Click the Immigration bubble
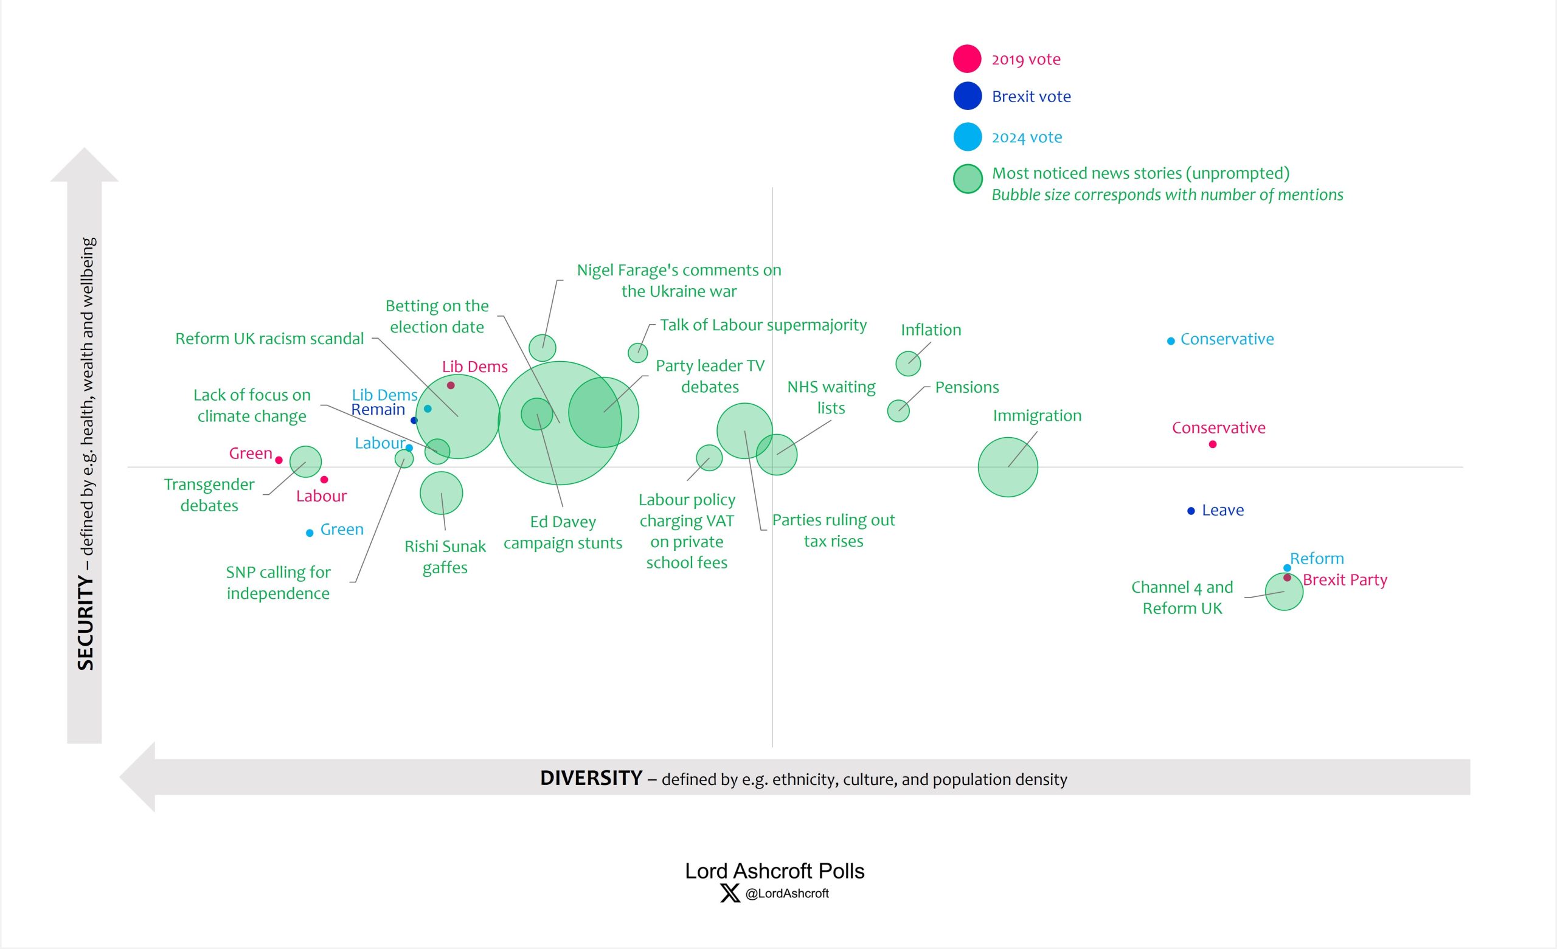(x=1007, y=467)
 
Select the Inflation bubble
(x=908, y=364)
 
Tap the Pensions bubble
(x=898, y=411)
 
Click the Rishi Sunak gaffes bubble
(x=441, y=493)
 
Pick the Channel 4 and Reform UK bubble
(x=1284, y=592)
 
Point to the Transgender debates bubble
(x=305, y=461)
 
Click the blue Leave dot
(x=1190, y=511)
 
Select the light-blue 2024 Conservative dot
(x=1170, y=341)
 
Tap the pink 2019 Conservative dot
(x=1212, y=444)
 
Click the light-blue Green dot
(x=310, y=533)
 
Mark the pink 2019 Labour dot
(x=324, y=480)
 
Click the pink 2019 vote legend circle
(x=967, y=59)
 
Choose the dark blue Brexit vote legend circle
(x=967, y=96)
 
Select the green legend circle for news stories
(x=968, y=179)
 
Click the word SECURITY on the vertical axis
(x=85, y=623)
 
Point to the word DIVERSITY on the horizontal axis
(x=591, y=778)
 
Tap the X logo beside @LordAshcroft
(x=730, y=894)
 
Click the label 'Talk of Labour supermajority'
(x=763, y=325)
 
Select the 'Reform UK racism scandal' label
(x=269, y=339)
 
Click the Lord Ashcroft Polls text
(x=774, y=871)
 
